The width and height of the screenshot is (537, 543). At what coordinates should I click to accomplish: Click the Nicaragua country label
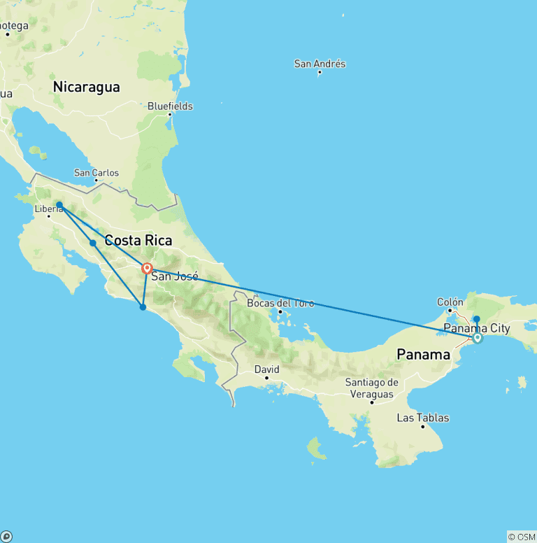87,87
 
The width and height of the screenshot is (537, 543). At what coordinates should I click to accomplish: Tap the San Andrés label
320,64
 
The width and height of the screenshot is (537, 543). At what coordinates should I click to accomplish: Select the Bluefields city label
170,106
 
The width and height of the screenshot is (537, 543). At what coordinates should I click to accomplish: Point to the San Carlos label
96,173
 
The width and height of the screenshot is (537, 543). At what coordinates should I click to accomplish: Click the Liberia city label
49,209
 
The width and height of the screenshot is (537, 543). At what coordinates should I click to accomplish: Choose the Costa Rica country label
138,241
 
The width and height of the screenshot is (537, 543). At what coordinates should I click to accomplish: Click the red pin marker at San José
148,268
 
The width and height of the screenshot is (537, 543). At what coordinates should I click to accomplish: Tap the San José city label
175,276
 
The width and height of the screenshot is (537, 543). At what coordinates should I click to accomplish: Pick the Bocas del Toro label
281,304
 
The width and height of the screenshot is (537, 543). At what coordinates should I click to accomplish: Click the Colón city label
450,302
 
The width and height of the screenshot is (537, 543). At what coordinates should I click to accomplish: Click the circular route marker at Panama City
478,338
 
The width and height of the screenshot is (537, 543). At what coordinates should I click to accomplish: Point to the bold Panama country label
424,355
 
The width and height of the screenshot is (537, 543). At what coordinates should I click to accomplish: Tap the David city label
266,369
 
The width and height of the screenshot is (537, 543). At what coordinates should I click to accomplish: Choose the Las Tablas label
423,418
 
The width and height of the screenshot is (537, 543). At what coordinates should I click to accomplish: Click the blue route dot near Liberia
59,205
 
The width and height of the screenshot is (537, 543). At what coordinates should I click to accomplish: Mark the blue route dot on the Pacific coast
143,307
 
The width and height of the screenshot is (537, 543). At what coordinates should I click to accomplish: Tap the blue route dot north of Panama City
477,319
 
